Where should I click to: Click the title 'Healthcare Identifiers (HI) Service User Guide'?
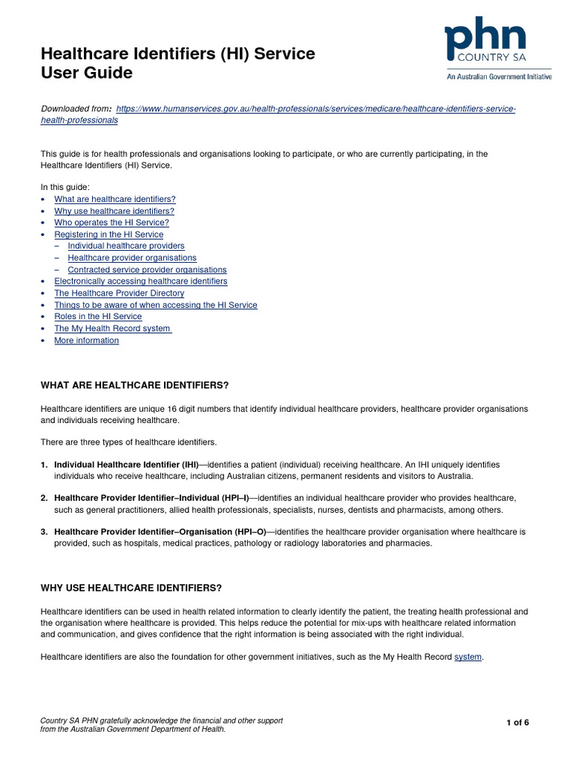point(177,63)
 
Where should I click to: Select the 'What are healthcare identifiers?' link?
point(115,199)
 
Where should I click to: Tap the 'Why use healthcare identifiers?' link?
point(114,211)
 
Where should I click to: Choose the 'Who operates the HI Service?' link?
point(111,223)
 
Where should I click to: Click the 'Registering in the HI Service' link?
point(108,235)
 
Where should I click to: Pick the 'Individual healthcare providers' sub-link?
point(126,246)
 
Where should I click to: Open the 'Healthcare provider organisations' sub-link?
point(132,258)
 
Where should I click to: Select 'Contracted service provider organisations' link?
point(147,269)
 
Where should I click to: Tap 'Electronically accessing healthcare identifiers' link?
point(141,281)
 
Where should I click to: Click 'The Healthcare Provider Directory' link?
point(119,293)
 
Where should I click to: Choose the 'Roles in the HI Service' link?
point(98,316)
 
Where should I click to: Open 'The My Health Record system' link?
point(113,328)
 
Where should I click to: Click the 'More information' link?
point(86,340)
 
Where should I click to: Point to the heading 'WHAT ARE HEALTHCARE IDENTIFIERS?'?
point(134,385)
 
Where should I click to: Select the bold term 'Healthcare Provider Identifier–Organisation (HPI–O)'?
point(160,532)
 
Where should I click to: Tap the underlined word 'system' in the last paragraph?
point(468,657)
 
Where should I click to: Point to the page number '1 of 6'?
point(517,723)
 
